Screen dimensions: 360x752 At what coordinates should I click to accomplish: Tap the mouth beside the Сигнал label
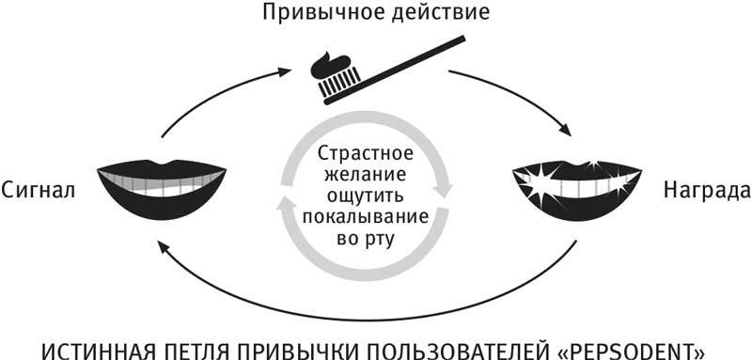pyautogui.click(x=162, y=186)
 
